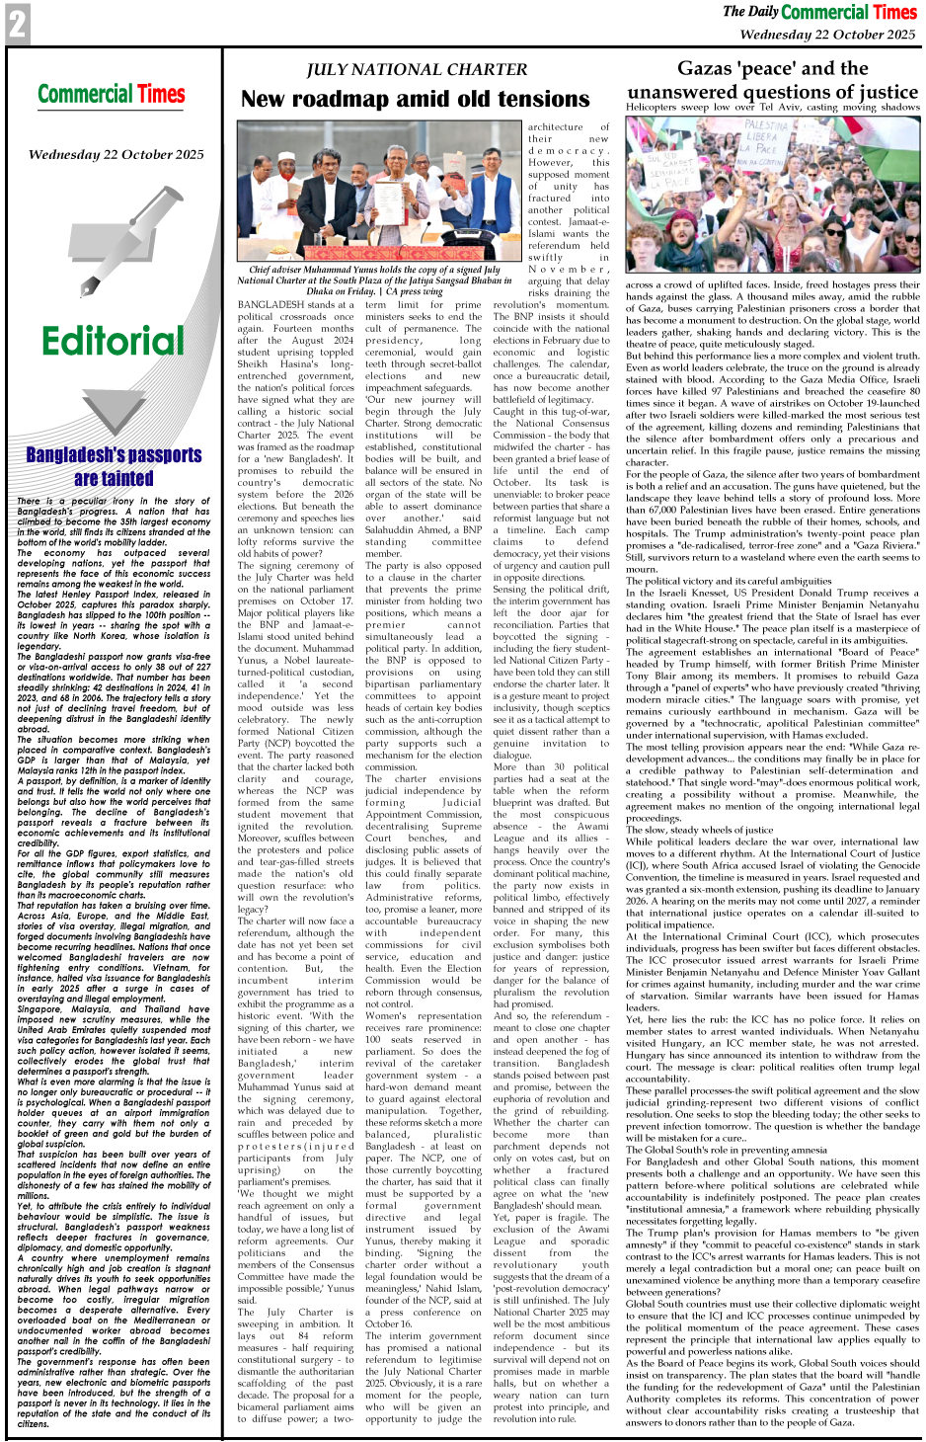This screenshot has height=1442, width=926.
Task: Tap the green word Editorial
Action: point(113,342)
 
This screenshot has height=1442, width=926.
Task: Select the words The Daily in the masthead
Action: point(750,12)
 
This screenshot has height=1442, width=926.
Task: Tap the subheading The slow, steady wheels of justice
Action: point(700,831)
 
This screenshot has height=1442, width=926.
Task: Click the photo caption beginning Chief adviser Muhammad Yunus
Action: point(374,280)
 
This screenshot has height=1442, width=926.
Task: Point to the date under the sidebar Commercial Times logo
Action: point(116,154)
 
